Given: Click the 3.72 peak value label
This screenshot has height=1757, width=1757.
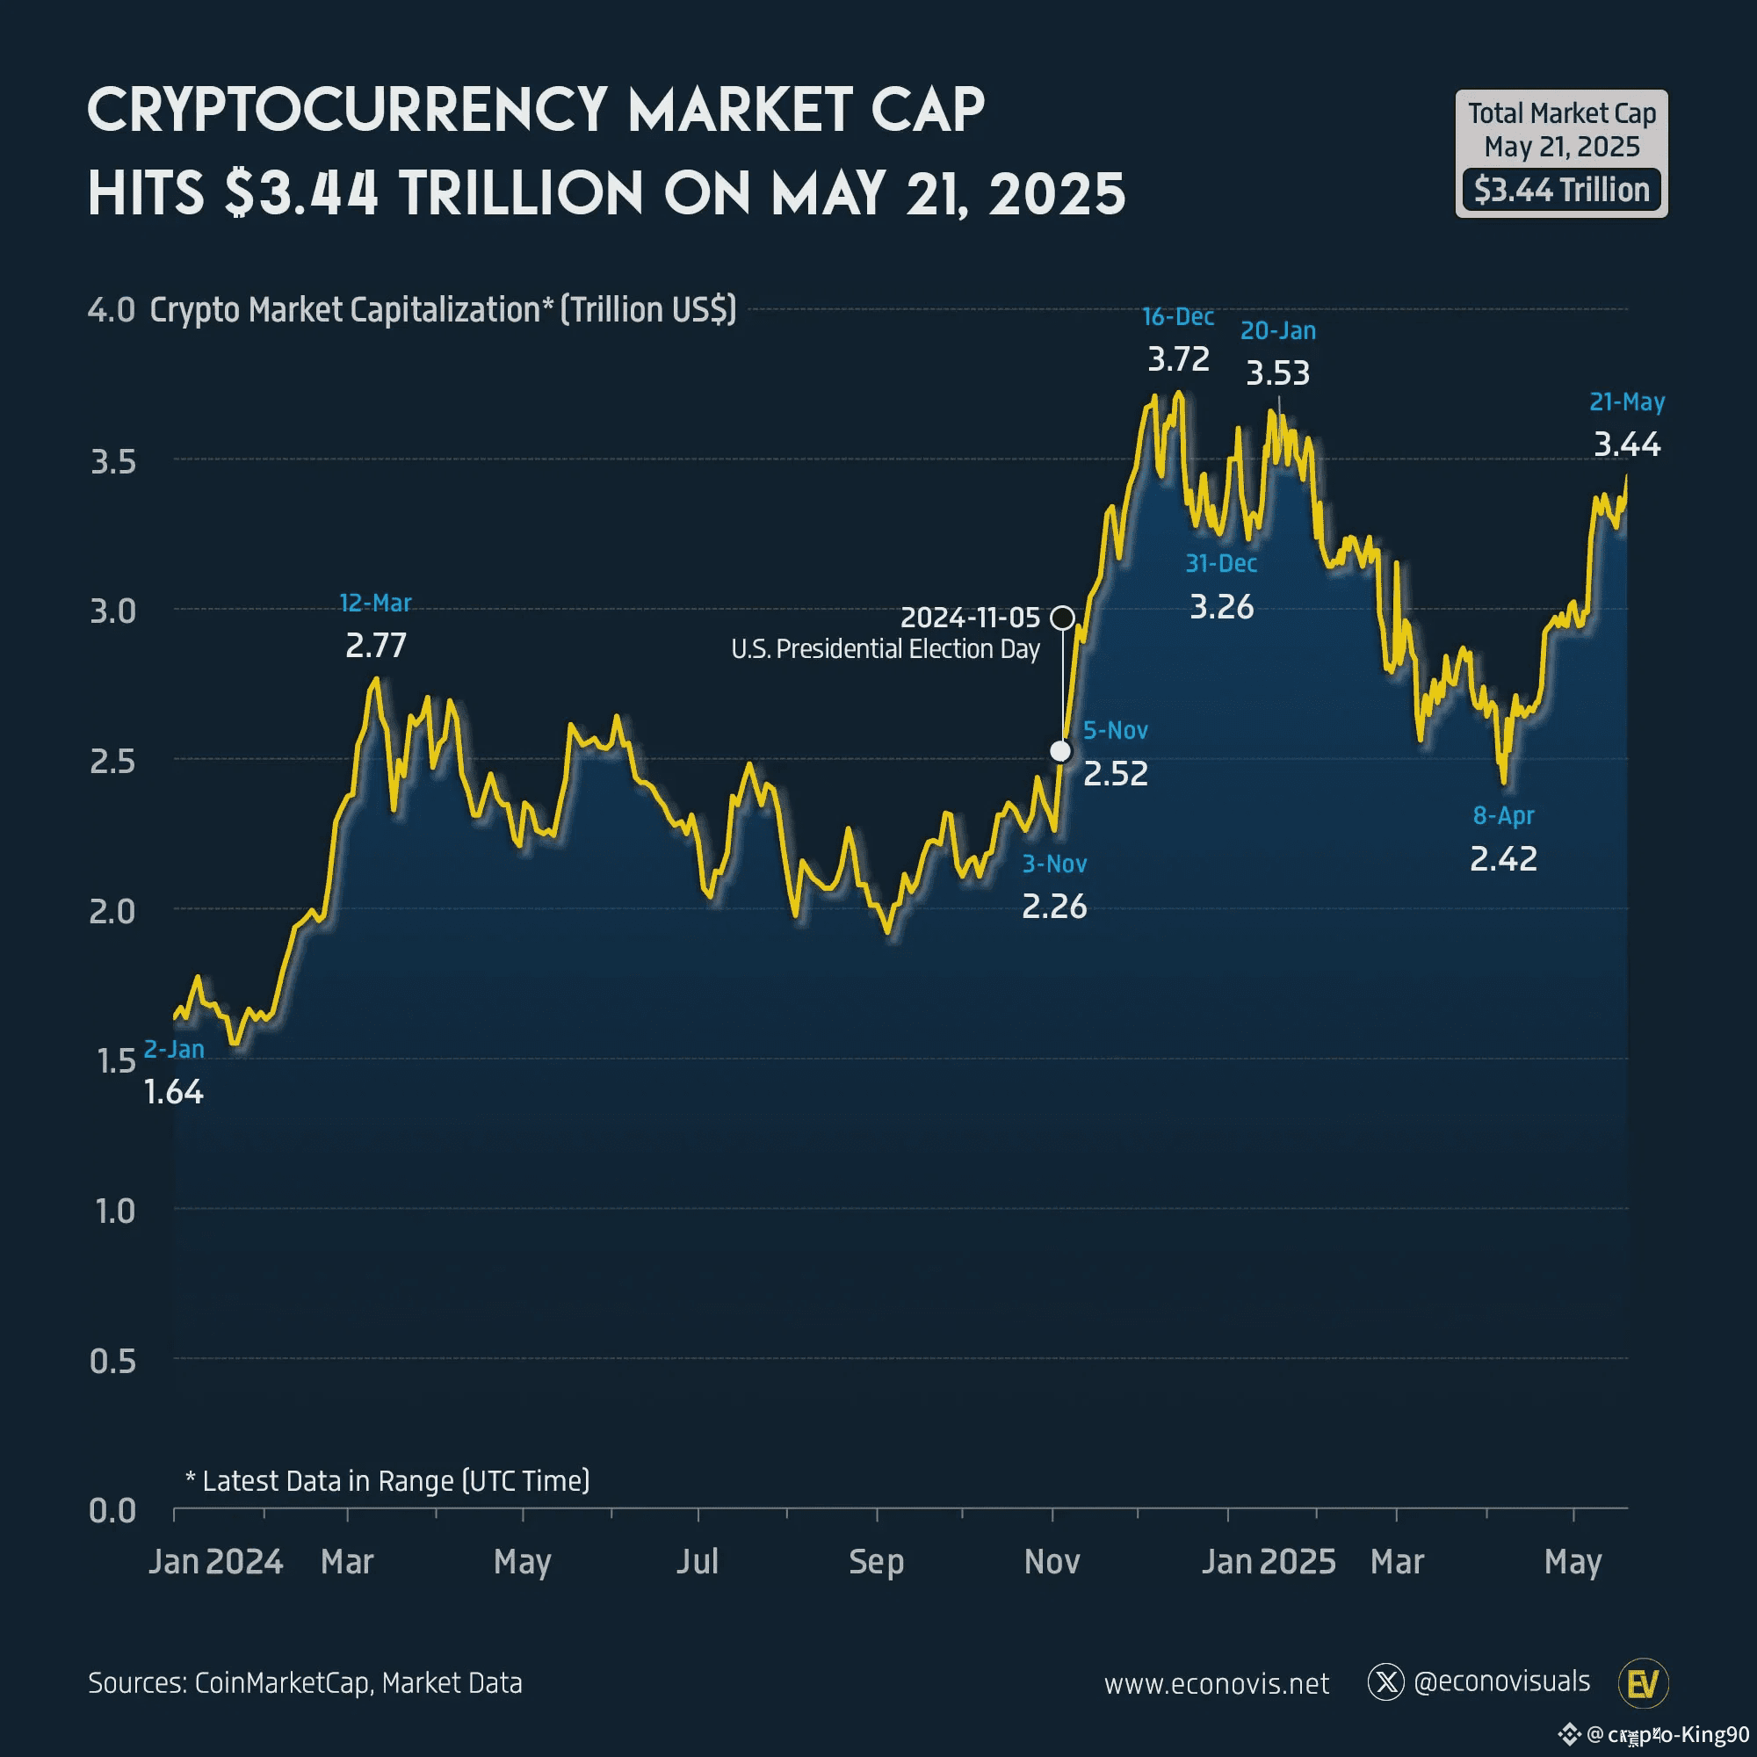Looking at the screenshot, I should [1178, 359].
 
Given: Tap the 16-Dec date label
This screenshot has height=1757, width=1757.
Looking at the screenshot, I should [1178, 316].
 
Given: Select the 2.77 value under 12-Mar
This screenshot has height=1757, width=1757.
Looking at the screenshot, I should [376, 646].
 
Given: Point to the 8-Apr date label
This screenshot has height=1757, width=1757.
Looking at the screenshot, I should [1503, 816].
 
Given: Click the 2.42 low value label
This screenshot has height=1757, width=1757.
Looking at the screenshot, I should [1503, 858].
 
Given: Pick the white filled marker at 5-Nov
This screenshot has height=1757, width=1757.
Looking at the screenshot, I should [1060, 751].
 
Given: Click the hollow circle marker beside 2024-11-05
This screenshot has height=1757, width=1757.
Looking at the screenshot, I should [1061, 618].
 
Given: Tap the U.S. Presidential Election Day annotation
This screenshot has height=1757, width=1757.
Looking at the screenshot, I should [885, 649].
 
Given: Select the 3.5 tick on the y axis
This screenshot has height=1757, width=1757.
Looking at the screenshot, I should [112, 462].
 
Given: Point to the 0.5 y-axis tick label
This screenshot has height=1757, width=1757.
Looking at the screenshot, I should [112, 1362].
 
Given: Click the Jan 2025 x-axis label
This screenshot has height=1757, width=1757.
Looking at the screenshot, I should [1269, 1562].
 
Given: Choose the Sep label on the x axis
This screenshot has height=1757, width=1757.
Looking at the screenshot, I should [876, 1562].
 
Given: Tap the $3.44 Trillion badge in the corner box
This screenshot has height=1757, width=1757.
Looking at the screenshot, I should [1561, 190].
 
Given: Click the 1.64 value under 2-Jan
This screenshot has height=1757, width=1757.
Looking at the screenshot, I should [174, 1092].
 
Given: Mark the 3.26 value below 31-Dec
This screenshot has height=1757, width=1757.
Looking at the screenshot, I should [1221, 606].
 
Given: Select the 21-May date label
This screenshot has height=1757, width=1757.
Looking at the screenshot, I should [1627, 402].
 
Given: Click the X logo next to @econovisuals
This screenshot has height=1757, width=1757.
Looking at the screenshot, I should [1386, 1682].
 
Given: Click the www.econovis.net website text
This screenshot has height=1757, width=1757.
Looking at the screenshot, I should [1216, 1684].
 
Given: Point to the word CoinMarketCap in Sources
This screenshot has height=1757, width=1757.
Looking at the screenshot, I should [282, 1683].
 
